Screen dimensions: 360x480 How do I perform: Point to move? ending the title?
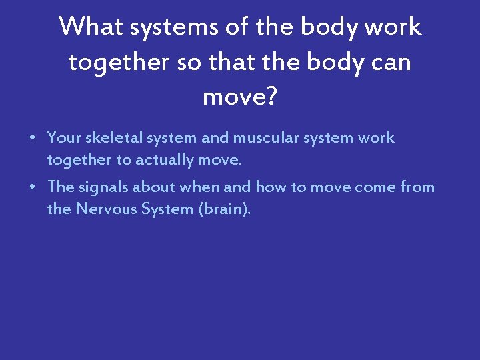[239, 97]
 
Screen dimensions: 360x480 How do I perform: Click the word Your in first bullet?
[63, 138]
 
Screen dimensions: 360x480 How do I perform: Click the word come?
[375, 187]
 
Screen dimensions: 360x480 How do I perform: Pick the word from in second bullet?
[417, 187]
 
